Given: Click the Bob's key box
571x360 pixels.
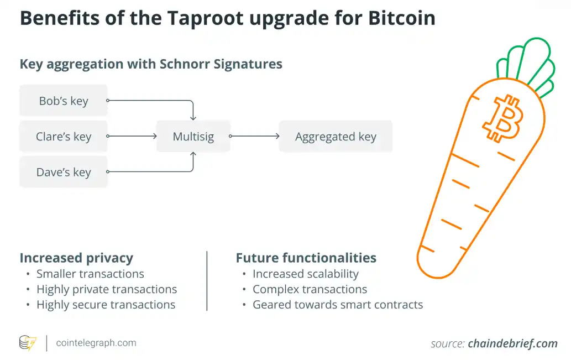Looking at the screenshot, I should coord(64,101).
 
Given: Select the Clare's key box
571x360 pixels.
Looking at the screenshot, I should coord(64,136).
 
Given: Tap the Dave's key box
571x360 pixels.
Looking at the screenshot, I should coord(64,172).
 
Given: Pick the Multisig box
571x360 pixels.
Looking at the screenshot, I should coord(193,136).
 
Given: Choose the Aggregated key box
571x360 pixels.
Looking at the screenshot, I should coord(336,136).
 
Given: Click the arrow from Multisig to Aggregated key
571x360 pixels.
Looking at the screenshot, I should coord(255,136).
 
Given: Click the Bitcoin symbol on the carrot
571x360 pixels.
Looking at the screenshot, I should coord(502,118).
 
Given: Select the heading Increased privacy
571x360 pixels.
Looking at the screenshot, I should coord(76,258).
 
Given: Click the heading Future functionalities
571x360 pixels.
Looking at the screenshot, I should coord(306,258).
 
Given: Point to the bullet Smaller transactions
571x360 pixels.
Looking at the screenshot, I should coord(90,274).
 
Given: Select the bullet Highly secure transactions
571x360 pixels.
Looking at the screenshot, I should coord(106,305).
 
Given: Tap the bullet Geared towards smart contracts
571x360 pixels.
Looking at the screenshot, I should coord(337,305).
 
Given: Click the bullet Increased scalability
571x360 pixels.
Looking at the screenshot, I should coord(305,274).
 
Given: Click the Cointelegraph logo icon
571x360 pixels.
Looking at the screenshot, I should coord(28,343).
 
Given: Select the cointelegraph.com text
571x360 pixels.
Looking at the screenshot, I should coord(96,343).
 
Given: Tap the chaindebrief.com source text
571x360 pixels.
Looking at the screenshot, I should coord(512,343).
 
